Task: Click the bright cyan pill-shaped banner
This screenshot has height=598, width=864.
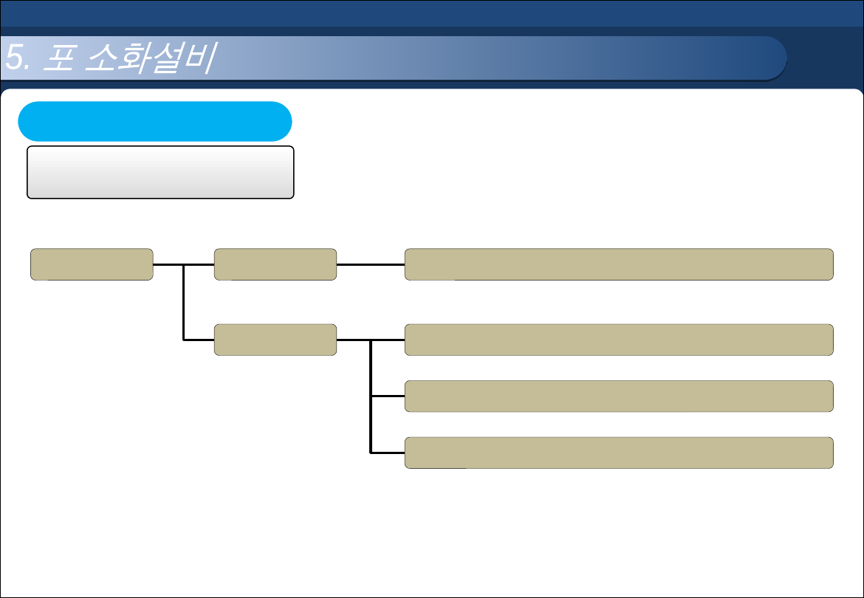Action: pos(154,121)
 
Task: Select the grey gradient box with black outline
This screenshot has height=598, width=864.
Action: pos(160,172)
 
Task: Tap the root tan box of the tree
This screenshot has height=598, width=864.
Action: pos(92,264)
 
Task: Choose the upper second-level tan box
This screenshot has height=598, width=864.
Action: pos(275,264)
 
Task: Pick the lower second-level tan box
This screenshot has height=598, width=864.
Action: pos(275,340)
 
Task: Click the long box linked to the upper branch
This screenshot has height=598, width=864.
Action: pos(619,264)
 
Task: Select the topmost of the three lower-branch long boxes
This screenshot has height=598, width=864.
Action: pos(619,340)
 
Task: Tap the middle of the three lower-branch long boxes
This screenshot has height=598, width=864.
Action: pos(619,396)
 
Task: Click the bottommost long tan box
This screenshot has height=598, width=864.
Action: pos(619,453)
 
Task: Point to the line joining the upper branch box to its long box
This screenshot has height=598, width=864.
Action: pos(371,264)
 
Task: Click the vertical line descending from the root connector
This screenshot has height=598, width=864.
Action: pos(183,303)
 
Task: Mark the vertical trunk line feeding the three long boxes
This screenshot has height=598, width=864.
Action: pos(371,399)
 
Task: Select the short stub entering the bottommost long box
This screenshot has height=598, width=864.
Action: pos(388,452)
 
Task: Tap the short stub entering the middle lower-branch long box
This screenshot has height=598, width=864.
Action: pos(388,396)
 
